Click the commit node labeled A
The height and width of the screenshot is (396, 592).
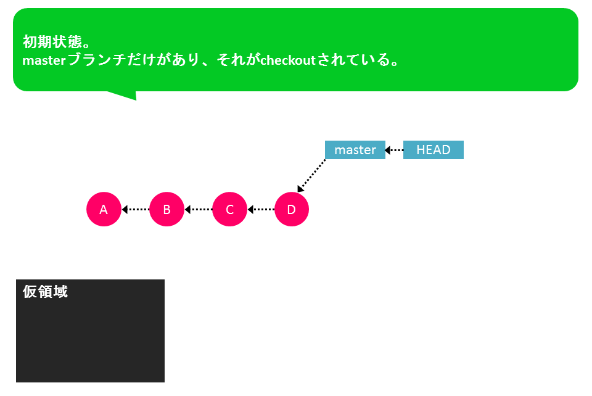(x=104, y=209)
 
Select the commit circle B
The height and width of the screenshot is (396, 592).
(x=166, y=209)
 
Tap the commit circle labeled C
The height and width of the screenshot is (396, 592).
(x=229, y=209)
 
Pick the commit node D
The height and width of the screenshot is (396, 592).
(x=292, y=209)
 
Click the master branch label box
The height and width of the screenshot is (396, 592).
(x=355, y=150)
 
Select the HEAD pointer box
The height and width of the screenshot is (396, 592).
(x=434, y=150)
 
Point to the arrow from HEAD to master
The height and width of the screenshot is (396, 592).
(x=394, y=151)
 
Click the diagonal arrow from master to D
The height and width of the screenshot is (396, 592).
(x=311, y=176)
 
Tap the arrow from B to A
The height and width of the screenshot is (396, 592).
(x=136, y=209)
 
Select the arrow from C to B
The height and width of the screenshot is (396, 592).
(x=199, y=209)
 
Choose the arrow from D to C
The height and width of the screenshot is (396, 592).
(x=261, y=209)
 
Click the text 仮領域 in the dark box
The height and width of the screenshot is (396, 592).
(x=45, y=291)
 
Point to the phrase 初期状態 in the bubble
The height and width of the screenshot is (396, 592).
(x=52, y=41)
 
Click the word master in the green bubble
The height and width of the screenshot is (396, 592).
(x=44, y=60)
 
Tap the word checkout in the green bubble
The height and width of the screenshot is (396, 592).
(x=288, y=60)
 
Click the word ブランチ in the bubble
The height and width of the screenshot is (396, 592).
(x=97, y=60)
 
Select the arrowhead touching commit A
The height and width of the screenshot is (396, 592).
(x=125, y=209)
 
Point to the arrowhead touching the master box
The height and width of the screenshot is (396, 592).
(x=387, y=151)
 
